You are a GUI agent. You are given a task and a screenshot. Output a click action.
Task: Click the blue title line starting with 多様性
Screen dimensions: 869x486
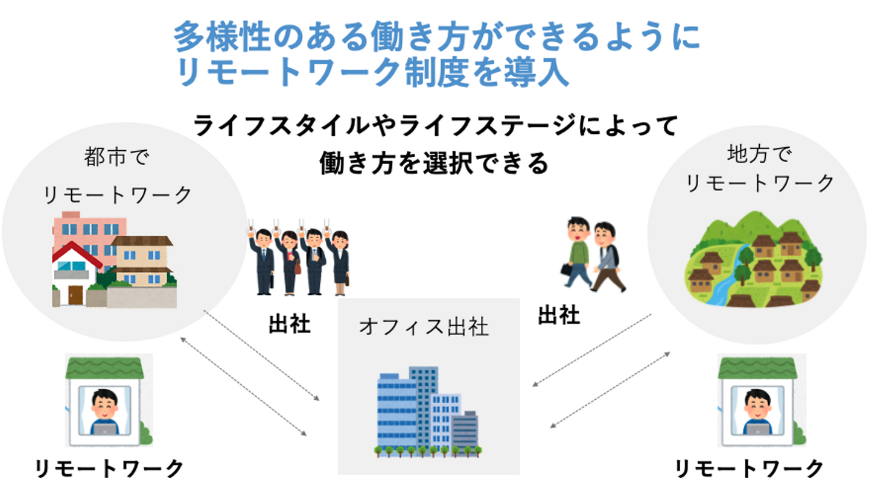tap(436, 36)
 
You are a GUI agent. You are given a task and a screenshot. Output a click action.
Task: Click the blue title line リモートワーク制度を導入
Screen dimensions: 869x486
tap(372, 72)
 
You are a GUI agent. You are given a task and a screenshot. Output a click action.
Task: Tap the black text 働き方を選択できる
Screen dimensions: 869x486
tap(434, 163)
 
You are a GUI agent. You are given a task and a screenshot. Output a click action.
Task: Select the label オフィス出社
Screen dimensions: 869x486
tap(424, 327)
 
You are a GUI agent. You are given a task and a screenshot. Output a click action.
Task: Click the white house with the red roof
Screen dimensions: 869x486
tap(76, 273)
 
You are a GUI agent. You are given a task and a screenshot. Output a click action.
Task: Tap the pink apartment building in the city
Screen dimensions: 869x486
tap(90, 236)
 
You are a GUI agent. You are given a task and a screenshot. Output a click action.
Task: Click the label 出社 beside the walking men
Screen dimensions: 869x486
tap(559, 315)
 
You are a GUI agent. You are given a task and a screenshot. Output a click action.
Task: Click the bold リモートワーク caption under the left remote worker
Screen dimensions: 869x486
tap(109, 469)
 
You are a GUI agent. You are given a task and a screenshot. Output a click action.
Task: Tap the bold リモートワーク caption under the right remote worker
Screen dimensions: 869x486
tap(750, 469)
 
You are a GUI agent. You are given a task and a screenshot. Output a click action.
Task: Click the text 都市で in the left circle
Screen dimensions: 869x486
tap(117, 157)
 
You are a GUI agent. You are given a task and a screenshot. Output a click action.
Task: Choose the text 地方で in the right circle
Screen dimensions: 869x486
tap(759, 154)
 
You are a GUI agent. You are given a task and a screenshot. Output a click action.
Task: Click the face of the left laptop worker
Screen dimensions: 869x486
tap(104, 407)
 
